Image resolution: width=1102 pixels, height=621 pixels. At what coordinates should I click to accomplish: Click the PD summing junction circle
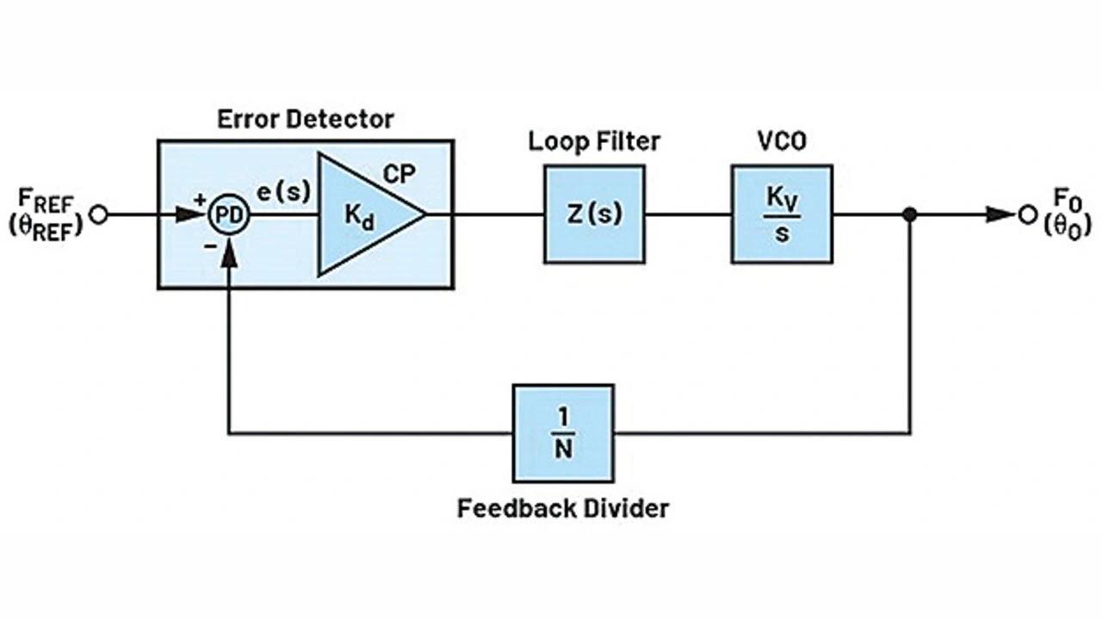(x=228, y=214)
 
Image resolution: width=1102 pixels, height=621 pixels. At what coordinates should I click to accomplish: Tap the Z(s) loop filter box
(x=594, y=214)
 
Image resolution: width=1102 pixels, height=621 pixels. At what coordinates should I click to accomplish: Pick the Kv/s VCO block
(x=782, y=214)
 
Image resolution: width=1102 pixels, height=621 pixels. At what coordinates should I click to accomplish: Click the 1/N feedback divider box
(x=563, y=433)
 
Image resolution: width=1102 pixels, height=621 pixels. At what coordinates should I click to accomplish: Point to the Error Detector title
(x=305, y=119)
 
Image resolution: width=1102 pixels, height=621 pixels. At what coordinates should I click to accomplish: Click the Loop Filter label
(x=594, y=141)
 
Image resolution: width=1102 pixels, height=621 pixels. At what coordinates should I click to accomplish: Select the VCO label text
(x=782, y=141)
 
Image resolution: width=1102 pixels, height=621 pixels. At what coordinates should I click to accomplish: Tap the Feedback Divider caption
(x=563, y=508)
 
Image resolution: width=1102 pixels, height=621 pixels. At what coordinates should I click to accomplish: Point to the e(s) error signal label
(x=283, y=193)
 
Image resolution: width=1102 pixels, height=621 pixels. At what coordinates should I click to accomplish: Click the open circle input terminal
(x=99, y=214)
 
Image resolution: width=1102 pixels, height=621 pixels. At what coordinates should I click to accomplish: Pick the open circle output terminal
(x=1027, y=214)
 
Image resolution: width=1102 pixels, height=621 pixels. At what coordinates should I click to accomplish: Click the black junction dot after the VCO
(x=909, y=214)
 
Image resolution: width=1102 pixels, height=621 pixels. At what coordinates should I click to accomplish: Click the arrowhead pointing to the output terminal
(x=1000, y=214)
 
